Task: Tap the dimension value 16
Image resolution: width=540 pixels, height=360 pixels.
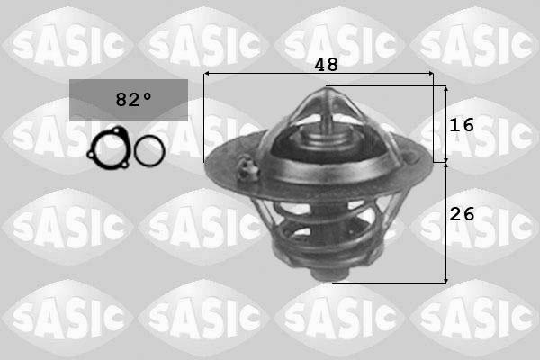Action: pos(462,125)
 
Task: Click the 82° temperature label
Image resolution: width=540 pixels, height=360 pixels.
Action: pos(129,99)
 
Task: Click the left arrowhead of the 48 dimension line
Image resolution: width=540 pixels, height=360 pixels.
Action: pos(208,74)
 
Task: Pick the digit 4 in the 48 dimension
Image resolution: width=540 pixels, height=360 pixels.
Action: pos(320,65)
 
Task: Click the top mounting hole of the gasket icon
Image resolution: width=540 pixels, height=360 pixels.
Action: pos(109,134)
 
